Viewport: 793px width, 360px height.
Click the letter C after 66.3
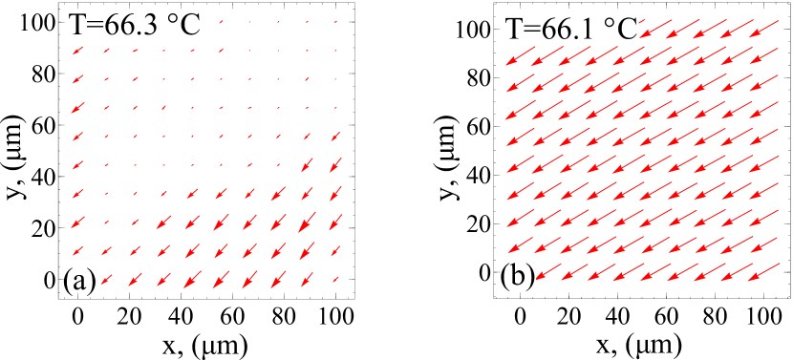(x=190, y=25)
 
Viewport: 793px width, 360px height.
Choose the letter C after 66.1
(x=627, y=31)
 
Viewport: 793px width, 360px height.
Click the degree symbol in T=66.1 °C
(x=607, y=25)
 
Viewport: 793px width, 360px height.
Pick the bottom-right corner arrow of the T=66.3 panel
(x=336, y=280)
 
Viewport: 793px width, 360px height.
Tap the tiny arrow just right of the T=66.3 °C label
(x=220, y=21)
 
